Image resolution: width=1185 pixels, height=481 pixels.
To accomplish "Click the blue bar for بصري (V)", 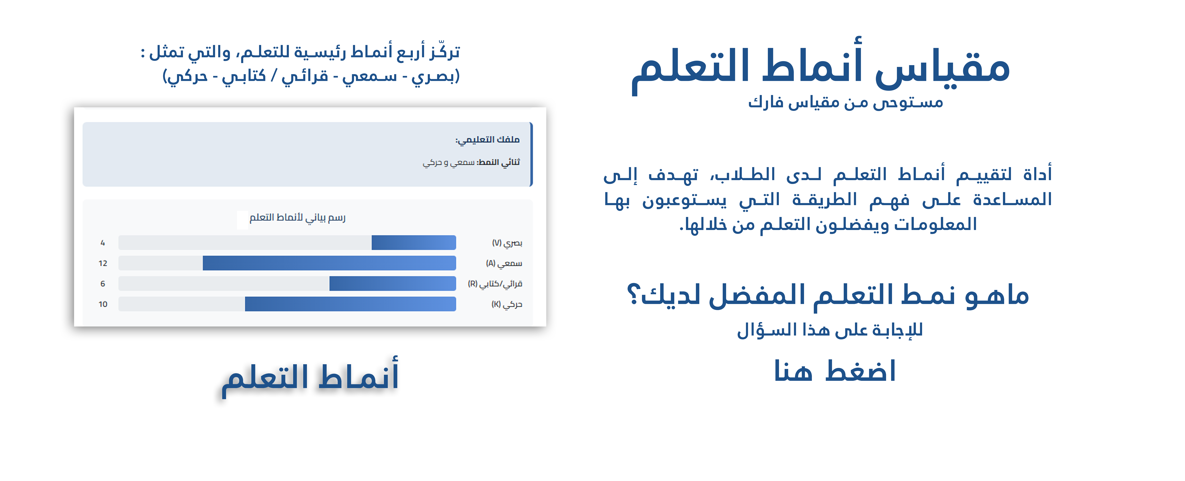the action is [x=414, y=242].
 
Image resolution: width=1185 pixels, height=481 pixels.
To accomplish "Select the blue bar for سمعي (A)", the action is [x=329, y=263].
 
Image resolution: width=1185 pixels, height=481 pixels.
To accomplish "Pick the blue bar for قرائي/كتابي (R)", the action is [x=392, y=283].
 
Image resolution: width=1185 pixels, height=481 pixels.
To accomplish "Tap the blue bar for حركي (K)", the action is [x=350, y=304].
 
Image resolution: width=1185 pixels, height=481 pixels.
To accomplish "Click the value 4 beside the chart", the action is [x=103, y=243].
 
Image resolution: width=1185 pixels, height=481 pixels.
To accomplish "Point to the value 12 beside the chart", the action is [x=103, y=263].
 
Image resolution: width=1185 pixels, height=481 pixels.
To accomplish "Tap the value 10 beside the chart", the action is [x=103, y=304].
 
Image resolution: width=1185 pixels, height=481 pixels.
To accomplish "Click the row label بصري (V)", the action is [x=507, y=243].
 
